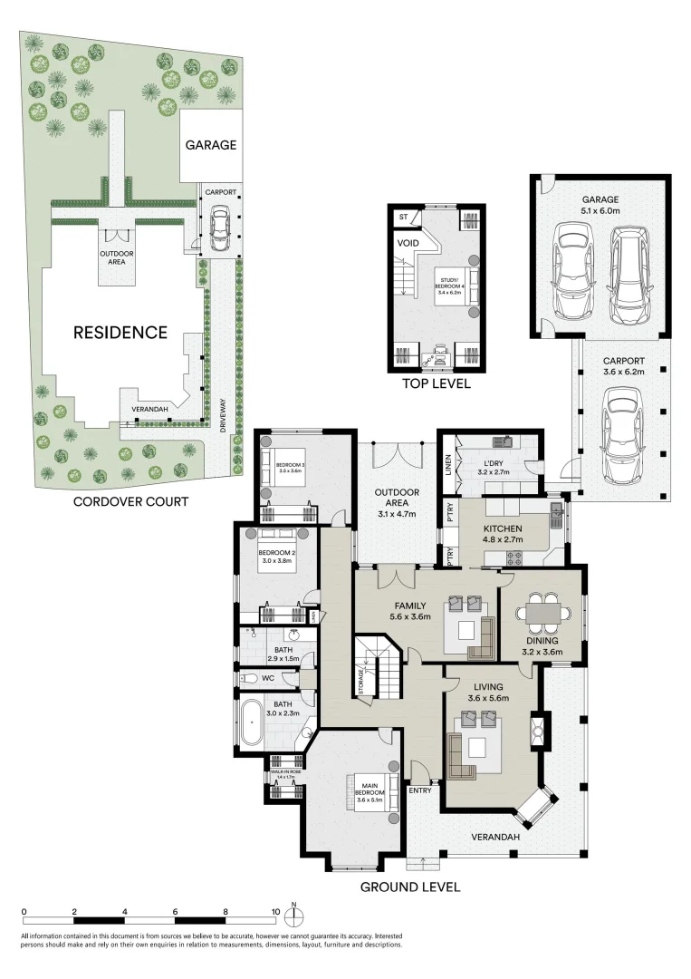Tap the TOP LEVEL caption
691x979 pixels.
pyautogui.click(x=437, y=383)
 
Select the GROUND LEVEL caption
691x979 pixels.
pyautogui.click(x=410, y=887)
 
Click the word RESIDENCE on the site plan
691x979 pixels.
pyautogui.click(x=120, y=333)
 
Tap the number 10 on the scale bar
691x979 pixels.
pyautogui.click(x=275, y=912)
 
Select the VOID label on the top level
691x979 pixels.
pyautogui.click(x=408, y=243)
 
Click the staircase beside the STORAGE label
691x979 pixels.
pyautogui.click(x=379, y=669)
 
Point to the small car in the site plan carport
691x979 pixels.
pyautogui.click(x=218, y=229)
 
